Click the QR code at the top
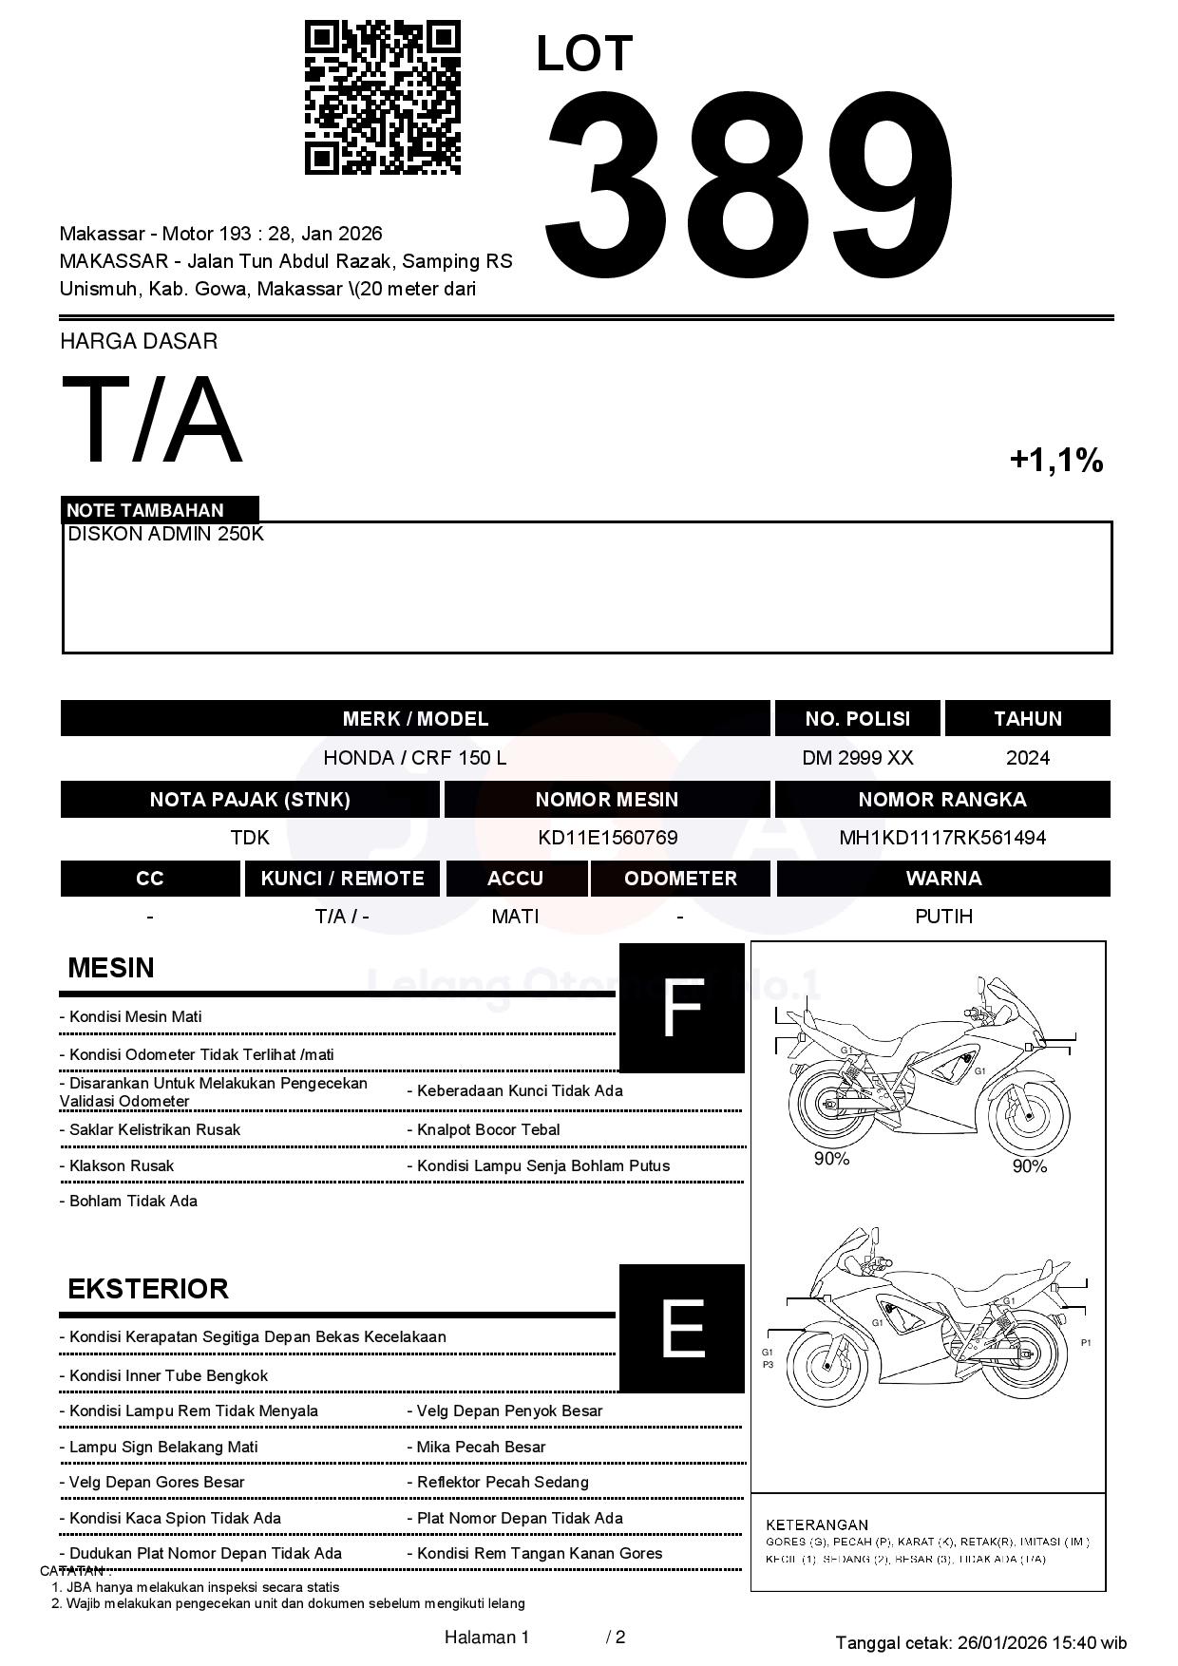382,98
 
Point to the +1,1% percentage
1055,461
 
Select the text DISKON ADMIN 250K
165,535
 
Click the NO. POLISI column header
857,719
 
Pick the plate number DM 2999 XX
857,758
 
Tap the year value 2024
1027,758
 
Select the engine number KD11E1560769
607,838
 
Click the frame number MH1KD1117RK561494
942,838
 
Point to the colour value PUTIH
943,917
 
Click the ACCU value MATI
515,917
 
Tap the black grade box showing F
681,1008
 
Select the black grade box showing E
681,1328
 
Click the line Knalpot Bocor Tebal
488,1130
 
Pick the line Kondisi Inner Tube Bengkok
168,1376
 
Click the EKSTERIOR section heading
148,1289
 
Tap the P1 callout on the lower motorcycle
1086,1343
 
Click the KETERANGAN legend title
816,1524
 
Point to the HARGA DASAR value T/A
152,420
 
